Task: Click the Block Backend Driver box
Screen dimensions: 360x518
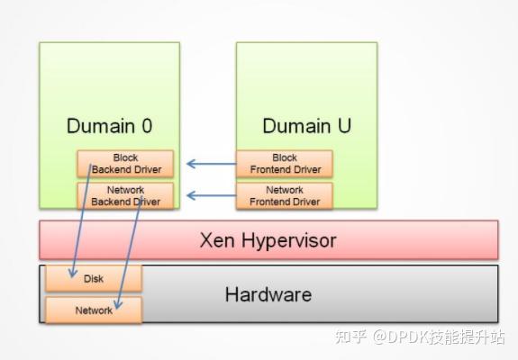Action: pos(125,164)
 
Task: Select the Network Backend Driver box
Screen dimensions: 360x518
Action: pos(125,196)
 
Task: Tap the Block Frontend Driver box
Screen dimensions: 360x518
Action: pos(284,164)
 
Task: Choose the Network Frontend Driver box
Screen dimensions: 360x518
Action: pos(284,196)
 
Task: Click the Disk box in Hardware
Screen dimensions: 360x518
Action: pos(94,279)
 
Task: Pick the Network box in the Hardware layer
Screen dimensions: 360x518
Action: pos(94,310)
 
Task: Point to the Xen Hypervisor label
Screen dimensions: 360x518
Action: pos(268,240)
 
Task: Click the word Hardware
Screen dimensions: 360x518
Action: pos(268,294)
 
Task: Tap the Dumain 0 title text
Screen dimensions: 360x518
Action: pos(108,126)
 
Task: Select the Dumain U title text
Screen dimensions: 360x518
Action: pos(306,126)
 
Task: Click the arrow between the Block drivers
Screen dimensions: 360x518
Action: pos(210,164)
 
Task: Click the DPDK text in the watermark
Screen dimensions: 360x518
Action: pos(406,337)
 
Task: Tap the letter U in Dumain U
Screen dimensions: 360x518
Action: pos(343,126)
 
